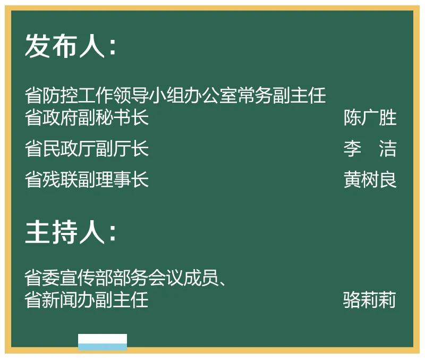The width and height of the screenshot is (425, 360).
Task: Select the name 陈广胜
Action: pos(370,118)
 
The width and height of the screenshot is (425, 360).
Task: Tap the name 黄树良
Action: pos(370,180)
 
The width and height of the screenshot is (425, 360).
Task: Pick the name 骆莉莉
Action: pos(370,300)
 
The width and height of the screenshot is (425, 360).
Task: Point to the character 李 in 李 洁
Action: pos(352,149)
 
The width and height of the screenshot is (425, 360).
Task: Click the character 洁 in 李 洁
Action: pos(388,149)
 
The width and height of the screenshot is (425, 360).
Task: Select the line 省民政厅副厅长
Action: pos(87,149)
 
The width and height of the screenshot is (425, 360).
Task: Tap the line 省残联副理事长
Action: pos(87,180)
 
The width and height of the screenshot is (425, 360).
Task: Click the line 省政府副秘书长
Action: pos(87,118)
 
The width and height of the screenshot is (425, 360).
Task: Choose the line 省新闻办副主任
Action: pos(87,300)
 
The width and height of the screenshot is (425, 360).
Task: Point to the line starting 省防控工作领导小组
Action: pos(175,96)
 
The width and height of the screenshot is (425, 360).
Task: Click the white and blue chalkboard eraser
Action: pos(103,342)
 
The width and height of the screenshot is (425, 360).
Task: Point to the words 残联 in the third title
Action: pos(60,180)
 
